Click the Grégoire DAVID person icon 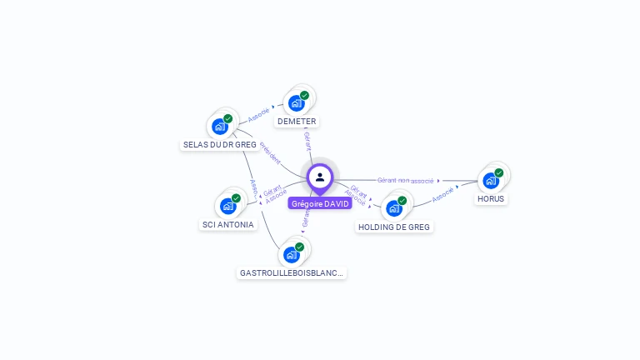click(320, 177)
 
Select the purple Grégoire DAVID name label click(320, 203)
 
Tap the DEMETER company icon click(296, 103)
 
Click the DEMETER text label click(297, 122)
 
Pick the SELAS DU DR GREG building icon click(220, 126)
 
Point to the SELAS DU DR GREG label click(219, 145)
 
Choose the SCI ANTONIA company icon click(228, 205)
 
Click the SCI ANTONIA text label click(228, 224)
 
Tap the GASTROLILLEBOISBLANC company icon click(292, 254)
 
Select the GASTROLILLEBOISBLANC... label click(292, 272)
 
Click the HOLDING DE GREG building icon click(394, 207)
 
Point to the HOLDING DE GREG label click(395, 227)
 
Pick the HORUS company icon click(491, 180)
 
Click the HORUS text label click(491, 199)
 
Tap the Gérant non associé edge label click(405, 180)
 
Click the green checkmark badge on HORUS click(499, 172)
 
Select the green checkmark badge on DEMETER click(304, 96)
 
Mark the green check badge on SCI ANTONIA click(237, 198)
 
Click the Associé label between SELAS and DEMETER click(258, 112)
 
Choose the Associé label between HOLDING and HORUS click(443, 194)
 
